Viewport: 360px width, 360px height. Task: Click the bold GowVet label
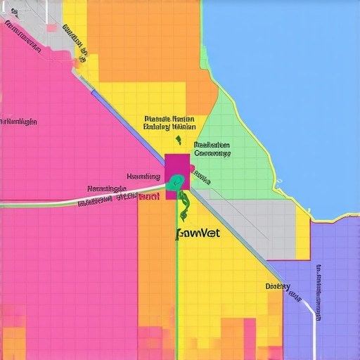tap(197, 233)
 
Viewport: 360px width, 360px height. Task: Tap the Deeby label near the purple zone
tap(278, 286)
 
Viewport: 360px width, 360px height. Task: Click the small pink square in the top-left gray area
tap(51, 27)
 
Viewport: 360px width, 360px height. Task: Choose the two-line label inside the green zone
tap(212, 148)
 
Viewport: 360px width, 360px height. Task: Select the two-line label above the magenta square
tap(169, 123)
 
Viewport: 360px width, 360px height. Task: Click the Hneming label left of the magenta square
tap(143, 176)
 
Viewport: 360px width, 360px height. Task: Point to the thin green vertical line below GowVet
tap(176, 295)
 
